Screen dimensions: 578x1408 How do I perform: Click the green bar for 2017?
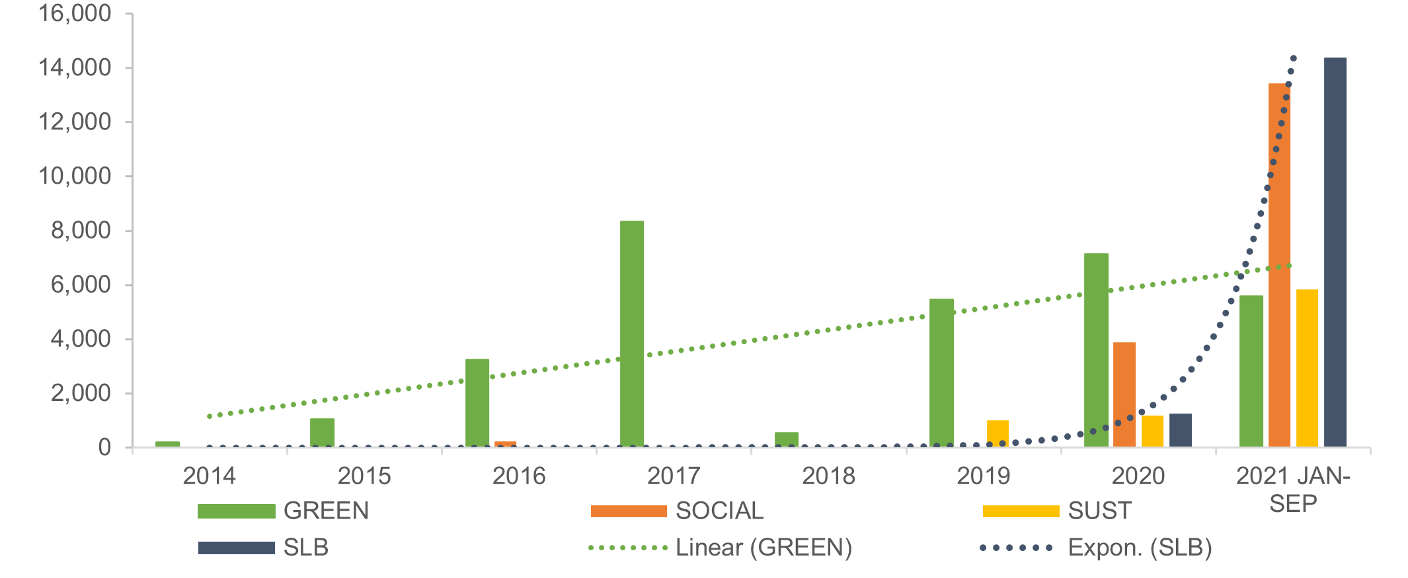coord(631,334)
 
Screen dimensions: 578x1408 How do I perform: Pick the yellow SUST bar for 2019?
coord(997,433)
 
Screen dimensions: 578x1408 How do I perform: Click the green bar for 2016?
coord(477,403)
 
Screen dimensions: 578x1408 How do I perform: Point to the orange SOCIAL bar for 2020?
coord(1124,394)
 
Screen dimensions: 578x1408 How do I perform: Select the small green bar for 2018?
coord(786,440)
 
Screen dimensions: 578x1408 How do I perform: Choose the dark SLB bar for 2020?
coord(1180,430)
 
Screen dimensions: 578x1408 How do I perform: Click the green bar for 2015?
coord(322,433)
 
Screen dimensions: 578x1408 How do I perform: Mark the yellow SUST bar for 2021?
coord(1307,368)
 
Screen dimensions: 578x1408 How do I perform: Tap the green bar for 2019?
coord(941,373)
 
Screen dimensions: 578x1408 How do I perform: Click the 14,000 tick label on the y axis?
coord(75,67)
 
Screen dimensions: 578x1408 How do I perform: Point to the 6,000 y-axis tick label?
coord(81,285)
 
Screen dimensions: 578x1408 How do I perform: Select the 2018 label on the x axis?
coord(828,476)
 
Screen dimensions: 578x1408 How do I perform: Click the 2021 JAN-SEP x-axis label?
coord(1293,489)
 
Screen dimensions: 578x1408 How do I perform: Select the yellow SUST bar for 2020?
coord(1152,431)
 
